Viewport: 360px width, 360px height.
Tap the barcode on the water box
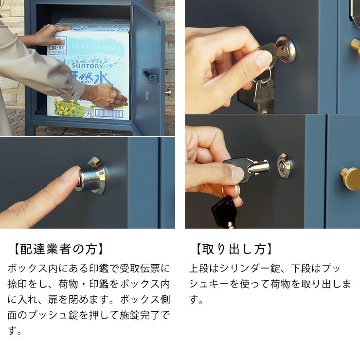(108, 113)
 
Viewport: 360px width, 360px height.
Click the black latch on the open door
(149, 76)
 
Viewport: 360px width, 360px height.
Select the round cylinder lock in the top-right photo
(285, 49)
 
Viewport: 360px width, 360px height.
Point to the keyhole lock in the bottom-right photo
(284, 165)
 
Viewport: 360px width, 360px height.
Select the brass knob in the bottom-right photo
(350, 178)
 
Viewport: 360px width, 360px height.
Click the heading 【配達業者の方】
(57, 249)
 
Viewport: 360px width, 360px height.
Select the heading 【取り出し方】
(233, 249)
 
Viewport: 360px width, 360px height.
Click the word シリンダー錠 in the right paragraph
(253, 268)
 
